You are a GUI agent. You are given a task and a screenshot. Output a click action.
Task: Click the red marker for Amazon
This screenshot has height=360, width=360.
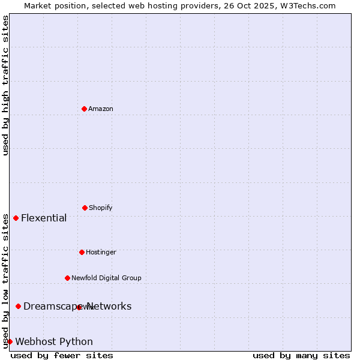click(x=84, y=109)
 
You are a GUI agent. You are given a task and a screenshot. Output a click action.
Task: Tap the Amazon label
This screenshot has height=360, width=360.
click(x=101, y=109)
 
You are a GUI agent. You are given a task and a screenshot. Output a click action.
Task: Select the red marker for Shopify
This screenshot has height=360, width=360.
click(x=85, y=208)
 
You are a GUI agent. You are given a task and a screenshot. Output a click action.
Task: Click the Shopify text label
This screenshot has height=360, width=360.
click(x=101, y=208)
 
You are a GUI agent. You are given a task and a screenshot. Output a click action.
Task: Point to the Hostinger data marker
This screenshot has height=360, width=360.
click(x=82, y=252)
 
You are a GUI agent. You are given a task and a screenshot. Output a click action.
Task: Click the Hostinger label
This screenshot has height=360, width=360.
click(x=101, y=252)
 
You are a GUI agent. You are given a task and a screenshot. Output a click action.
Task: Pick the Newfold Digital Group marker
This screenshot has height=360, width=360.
click(x=67, y=278)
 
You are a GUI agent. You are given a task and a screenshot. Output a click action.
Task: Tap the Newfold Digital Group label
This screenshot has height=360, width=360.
click(x=106, y=278)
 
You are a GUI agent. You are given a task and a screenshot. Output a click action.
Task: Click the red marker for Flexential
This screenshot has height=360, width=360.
click(x=16, y=218)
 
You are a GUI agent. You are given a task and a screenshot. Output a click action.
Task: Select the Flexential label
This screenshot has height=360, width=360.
click(x=44, y=218)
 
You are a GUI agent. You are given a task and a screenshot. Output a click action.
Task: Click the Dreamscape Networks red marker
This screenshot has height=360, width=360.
click(x=18, y=306)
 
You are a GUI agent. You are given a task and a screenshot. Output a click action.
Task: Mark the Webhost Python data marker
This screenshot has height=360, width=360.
click(x=10, y=341)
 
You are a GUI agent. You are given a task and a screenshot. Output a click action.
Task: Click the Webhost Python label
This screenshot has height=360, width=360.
click(x=54, y=341)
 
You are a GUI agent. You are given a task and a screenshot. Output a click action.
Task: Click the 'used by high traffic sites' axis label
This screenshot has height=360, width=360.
click(x=5, y=85)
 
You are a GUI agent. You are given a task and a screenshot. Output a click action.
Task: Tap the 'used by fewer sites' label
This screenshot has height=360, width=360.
click(x=62, y=355)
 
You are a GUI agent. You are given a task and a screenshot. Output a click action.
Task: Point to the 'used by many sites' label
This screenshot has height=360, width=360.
click(x=301, y=355)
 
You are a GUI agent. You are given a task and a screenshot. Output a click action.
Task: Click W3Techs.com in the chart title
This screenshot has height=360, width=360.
click(x=306, y=5)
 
